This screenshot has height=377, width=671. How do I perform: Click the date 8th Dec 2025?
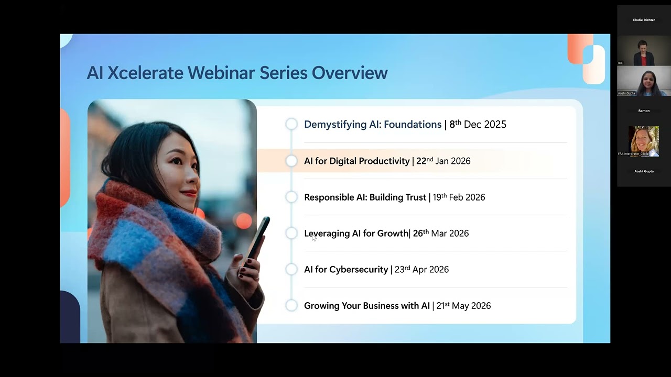[478, 125]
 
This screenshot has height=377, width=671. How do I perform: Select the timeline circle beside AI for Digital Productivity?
[291, 161]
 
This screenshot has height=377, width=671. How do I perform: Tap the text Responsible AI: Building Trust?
[365, 197]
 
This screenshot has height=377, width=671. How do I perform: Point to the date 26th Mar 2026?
[440, 234]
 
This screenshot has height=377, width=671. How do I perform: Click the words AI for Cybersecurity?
[346, 270]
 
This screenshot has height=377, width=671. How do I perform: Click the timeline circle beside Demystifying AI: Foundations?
[291, 124]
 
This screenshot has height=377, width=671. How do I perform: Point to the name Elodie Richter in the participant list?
[644, 20]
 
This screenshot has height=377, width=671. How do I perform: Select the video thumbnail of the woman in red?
[643, 51]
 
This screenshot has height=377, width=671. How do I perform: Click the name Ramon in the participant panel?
[644, 110]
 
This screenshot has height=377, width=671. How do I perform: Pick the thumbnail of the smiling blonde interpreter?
[643, 140]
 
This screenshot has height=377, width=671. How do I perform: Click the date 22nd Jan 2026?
[443, 161]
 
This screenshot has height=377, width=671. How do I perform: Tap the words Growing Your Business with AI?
[366, 306]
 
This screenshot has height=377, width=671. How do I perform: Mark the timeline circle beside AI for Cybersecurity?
[291, 269]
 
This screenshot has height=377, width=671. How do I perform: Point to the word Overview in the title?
[350, 73]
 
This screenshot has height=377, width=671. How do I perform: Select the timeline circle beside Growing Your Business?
[291, 305]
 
